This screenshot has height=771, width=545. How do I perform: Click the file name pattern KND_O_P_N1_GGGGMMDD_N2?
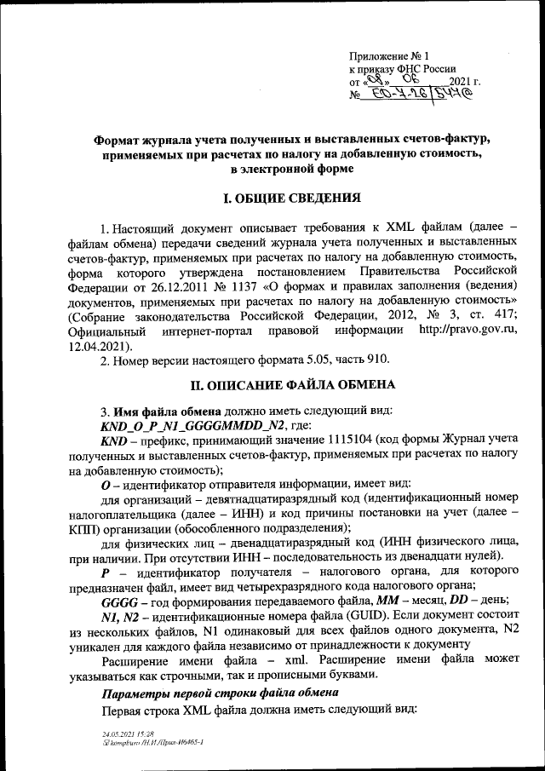click(x=194, y=425)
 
